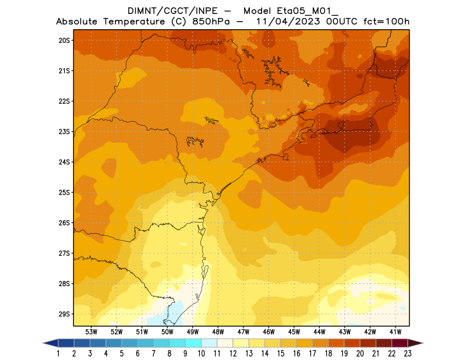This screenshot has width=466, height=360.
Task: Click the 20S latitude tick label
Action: click(64, 40)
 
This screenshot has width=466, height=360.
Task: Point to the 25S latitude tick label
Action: click(64, 192)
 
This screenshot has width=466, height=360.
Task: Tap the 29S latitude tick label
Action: click(64, 314)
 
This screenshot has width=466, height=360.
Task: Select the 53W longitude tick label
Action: click(91, 331)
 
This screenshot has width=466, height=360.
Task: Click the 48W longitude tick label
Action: click(218, 331)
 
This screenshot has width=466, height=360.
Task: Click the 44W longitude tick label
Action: click(319, 331)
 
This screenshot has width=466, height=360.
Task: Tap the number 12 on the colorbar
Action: click(233, 353)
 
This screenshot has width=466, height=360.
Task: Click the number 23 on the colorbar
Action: click(408, 353)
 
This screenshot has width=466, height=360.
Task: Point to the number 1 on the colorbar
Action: click(59, 353)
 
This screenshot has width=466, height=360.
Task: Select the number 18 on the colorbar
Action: click(329, 353)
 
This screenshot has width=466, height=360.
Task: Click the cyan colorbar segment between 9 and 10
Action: click(193, 343)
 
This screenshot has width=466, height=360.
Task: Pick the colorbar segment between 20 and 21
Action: click(368, 343)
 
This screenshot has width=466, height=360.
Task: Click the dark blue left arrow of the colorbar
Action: click(50, 343)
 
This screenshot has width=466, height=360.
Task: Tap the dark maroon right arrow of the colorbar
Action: click(415, 343)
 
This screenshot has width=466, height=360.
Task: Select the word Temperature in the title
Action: click(132, 22)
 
